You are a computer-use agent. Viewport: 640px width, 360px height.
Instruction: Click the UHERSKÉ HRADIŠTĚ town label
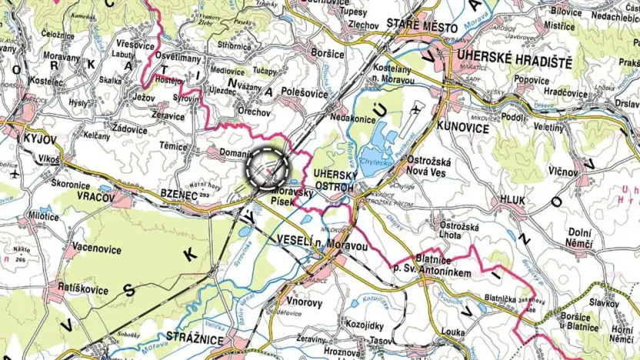(517, 56)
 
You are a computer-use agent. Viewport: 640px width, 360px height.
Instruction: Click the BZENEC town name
(180, 196)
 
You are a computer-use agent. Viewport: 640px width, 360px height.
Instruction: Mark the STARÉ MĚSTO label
(422, 27)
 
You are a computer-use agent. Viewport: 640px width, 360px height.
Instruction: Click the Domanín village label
(235, 153)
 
